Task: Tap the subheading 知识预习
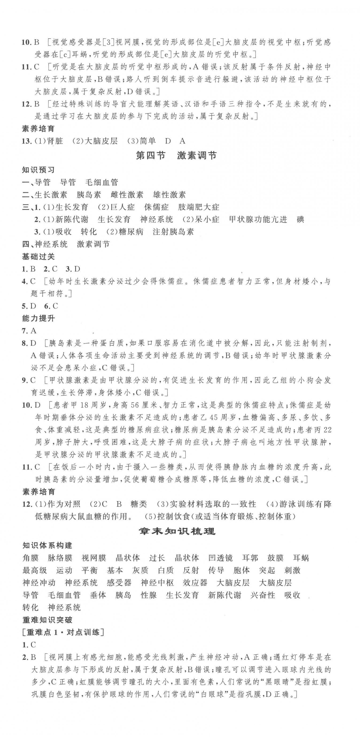tap(38, 170)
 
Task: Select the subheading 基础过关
tap(38, 257)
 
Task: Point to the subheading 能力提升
tap(38, 318)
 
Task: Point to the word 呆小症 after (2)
tap(207, 219)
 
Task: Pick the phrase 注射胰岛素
tap(173, 232)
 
